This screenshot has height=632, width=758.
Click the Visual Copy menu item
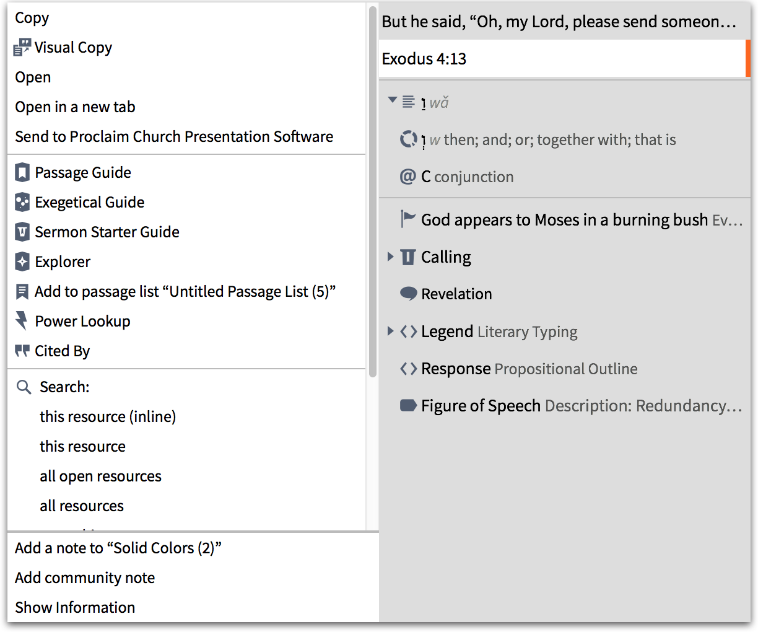[x=73, y=48]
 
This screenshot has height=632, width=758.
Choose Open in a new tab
[x=75, y=107]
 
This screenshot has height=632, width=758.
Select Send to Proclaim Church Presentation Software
[x=174, y=137]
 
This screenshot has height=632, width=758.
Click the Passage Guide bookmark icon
[x=22, y=172]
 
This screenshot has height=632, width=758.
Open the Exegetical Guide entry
[x=89, y=203]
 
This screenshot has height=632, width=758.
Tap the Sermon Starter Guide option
[x=107, y=232]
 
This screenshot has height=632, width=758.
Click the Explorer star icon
[x=22, y=262]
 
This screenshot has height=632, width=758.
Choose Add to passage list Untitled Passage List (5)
[x=185, y=292]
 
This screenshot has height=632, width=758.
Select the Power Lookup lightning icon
[x=22, y=321]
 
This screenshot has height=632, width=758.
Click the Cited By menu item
[x=62, y=351]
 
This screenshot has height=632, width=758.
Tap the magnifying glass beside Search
[x=24, y=387]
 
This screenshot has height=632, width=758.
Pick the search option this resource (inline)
[x=108, y=417]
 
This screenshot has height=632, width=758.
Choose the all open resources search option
[x=100, y=476]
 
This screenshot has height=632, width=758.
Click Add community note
[x=85, y=578]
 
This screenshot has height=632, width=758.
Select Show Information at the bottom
[x=75, y=608]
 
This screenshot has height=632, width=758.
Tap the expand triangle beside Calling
[x=390, y=257]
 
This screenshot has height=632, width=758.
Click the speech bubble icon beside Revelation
[x=408, y=294]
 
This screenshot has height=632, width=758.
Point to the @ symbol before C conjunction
[x=407, y=177]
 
